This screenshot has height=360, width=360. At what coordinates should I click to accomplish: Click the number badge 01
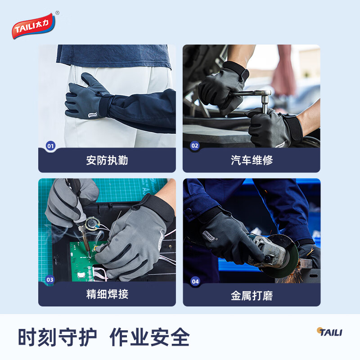(x=50, y=146)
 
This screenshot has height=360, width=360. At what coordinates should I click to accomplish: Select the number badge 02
(x=195, y=146)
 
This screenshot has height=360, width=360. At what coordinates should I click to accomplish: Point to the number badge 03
(x=50, y=279)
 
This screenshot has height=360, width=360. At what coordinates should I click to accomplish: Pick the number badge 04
(x=195, y=282)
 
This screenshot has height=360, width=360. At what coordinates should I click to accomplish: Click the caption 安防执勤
(x=107, y=160)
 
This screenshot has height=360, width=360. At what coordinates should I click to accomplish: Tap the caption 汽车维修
(x=252, y=160)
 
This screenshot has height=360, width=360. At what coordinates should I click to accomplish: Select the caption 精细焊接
(x=107, y=294)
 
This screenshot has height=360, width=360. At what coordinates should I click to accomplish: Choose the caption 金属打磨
(x=252, y=296)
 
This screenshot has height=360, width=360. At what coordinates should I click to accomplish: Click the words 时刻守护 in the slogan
(x=57, y=337)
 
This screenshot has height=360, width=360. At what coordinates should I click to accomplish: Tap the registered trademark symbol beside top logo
(x=57, y=13)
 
